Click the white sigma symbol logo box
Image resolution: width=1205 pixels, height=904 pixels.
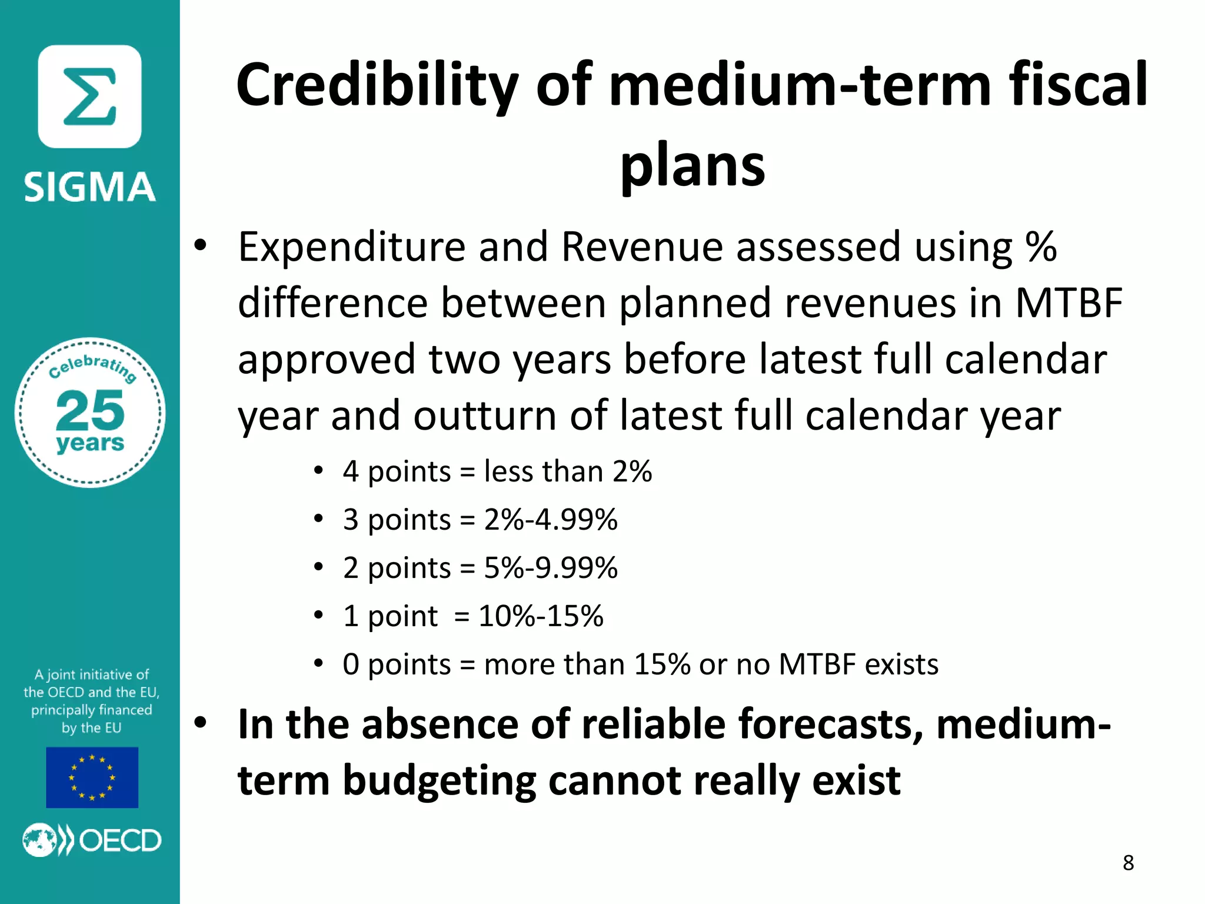point(89,97)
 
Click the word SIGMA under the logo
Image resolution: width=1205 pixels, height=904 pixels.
point(89,188)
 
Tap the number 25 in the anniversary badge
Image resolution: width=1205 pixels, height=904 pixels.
point(90,410)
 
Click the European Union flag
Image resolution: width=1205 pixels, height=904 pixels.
point(92,777)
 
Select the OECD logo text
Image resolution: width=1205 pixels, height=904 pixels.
point(119,840)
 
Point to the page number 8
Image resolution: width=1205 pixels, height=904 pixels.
point(1128,863)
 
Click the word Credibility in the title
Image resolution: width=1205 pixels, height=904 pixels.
point(377,86)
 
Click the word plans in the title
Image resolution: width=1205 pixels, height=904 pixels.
point(693,166)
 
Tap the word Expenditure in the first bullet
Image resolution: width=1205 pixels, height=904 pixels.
point(352,247)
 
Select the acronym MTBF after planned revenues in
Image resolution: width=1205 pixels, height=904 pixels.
point(1069,303)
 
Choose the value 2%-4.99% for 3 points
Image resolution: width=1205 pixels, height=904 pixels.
point(551,520)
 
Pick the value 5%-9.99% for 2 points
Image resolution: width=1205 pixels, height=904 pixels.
point(551,568)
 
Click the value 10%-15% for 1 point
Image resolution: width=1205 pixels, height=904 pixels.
point(541,616)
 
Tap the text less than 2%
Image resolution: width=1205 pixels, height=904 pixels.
point(568,471)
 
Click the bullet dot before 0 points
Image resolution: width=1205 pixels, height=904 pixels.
point(318,663)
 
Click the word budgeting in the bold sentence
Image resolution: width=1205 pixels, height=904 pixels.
point(439,781)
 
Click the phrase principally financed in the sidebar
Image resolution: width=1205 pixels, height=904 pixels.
point(92,710)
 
